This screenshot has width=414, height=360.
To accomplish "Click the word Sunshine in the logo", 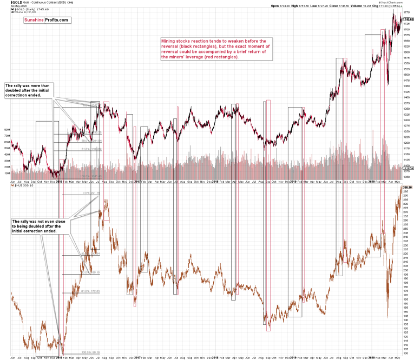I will pos(34,19).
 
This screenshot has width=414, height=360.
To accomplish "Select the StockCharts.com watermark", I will pos(396,2).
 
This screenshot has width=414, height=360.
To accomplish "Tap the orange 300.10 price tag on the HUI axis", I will pos(406,188).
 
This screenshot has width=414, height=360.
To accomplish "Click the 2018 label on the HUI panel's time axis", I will pos(215,357).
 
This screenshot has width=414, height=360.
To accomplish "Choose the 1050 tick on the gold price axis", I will pos(406,177).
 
